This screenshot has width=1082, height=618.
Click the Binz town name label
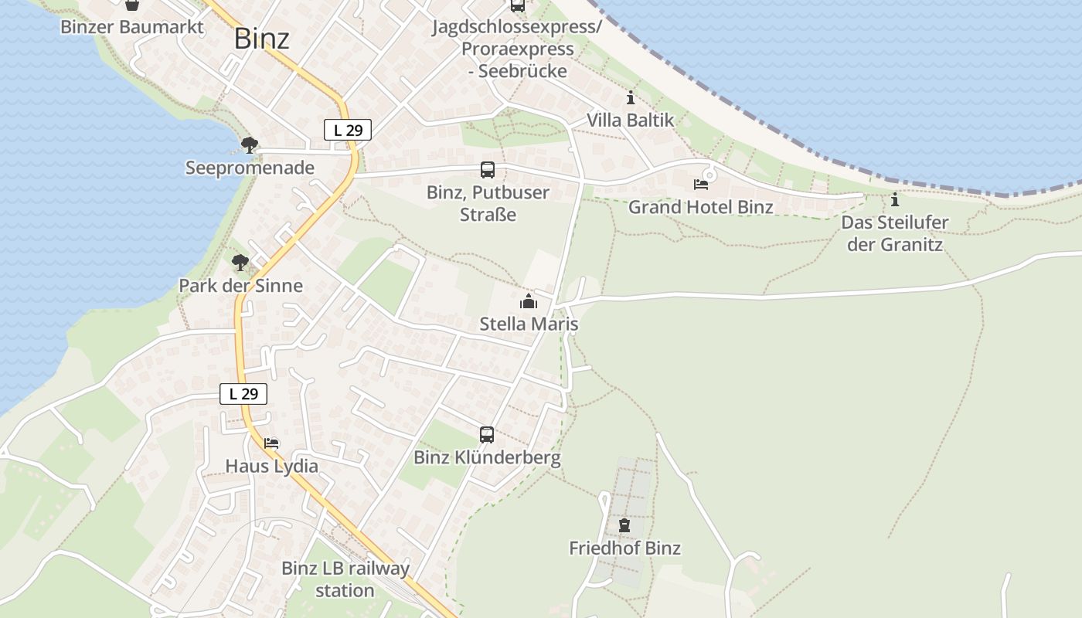[262, 39]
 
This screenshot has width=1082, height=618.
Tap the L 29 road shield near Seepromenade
[348, 131]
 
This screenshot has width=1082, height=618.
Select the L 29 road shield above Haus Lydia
[243, 394]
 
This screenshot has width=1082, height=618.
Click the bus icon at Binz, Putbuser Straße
[487, 170]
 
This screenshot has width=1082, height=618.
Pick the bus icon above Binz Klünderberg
[486, 435]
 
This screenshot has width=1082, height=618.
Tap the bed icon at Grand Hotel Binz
[700, 185]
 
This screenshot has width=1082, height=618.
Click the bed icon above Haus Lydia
[271, 443]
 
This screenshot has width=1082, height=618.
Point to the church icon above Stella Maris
[529, 301]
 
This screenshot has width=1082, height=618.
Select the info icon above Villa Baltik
[631, 98]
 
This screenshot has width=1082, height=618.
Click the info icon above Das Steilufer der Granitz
[895, 200]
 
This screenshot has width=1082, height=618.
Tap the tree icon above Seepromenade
[249, 144]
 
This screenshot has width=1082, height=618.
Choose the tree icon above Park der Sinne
[240, 263]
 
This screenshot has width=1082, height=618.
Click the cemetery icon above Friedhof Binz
[624, 525]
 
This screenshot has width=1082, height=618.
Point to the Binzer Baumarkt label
[132, 28]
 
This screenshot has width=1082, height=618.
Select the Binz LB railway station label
[345, 579]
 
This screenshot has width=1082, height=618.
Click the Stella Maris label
[529, 324]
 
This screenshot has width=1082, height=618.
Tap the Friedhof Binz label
[624, 548]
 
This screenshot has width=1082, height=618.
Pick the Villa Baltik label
[630, 121]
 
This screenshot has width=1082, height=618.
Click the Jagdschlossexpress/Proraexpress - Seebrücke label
[517, 49]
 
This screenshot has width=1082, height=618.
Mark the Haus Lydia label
[271, 467]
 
